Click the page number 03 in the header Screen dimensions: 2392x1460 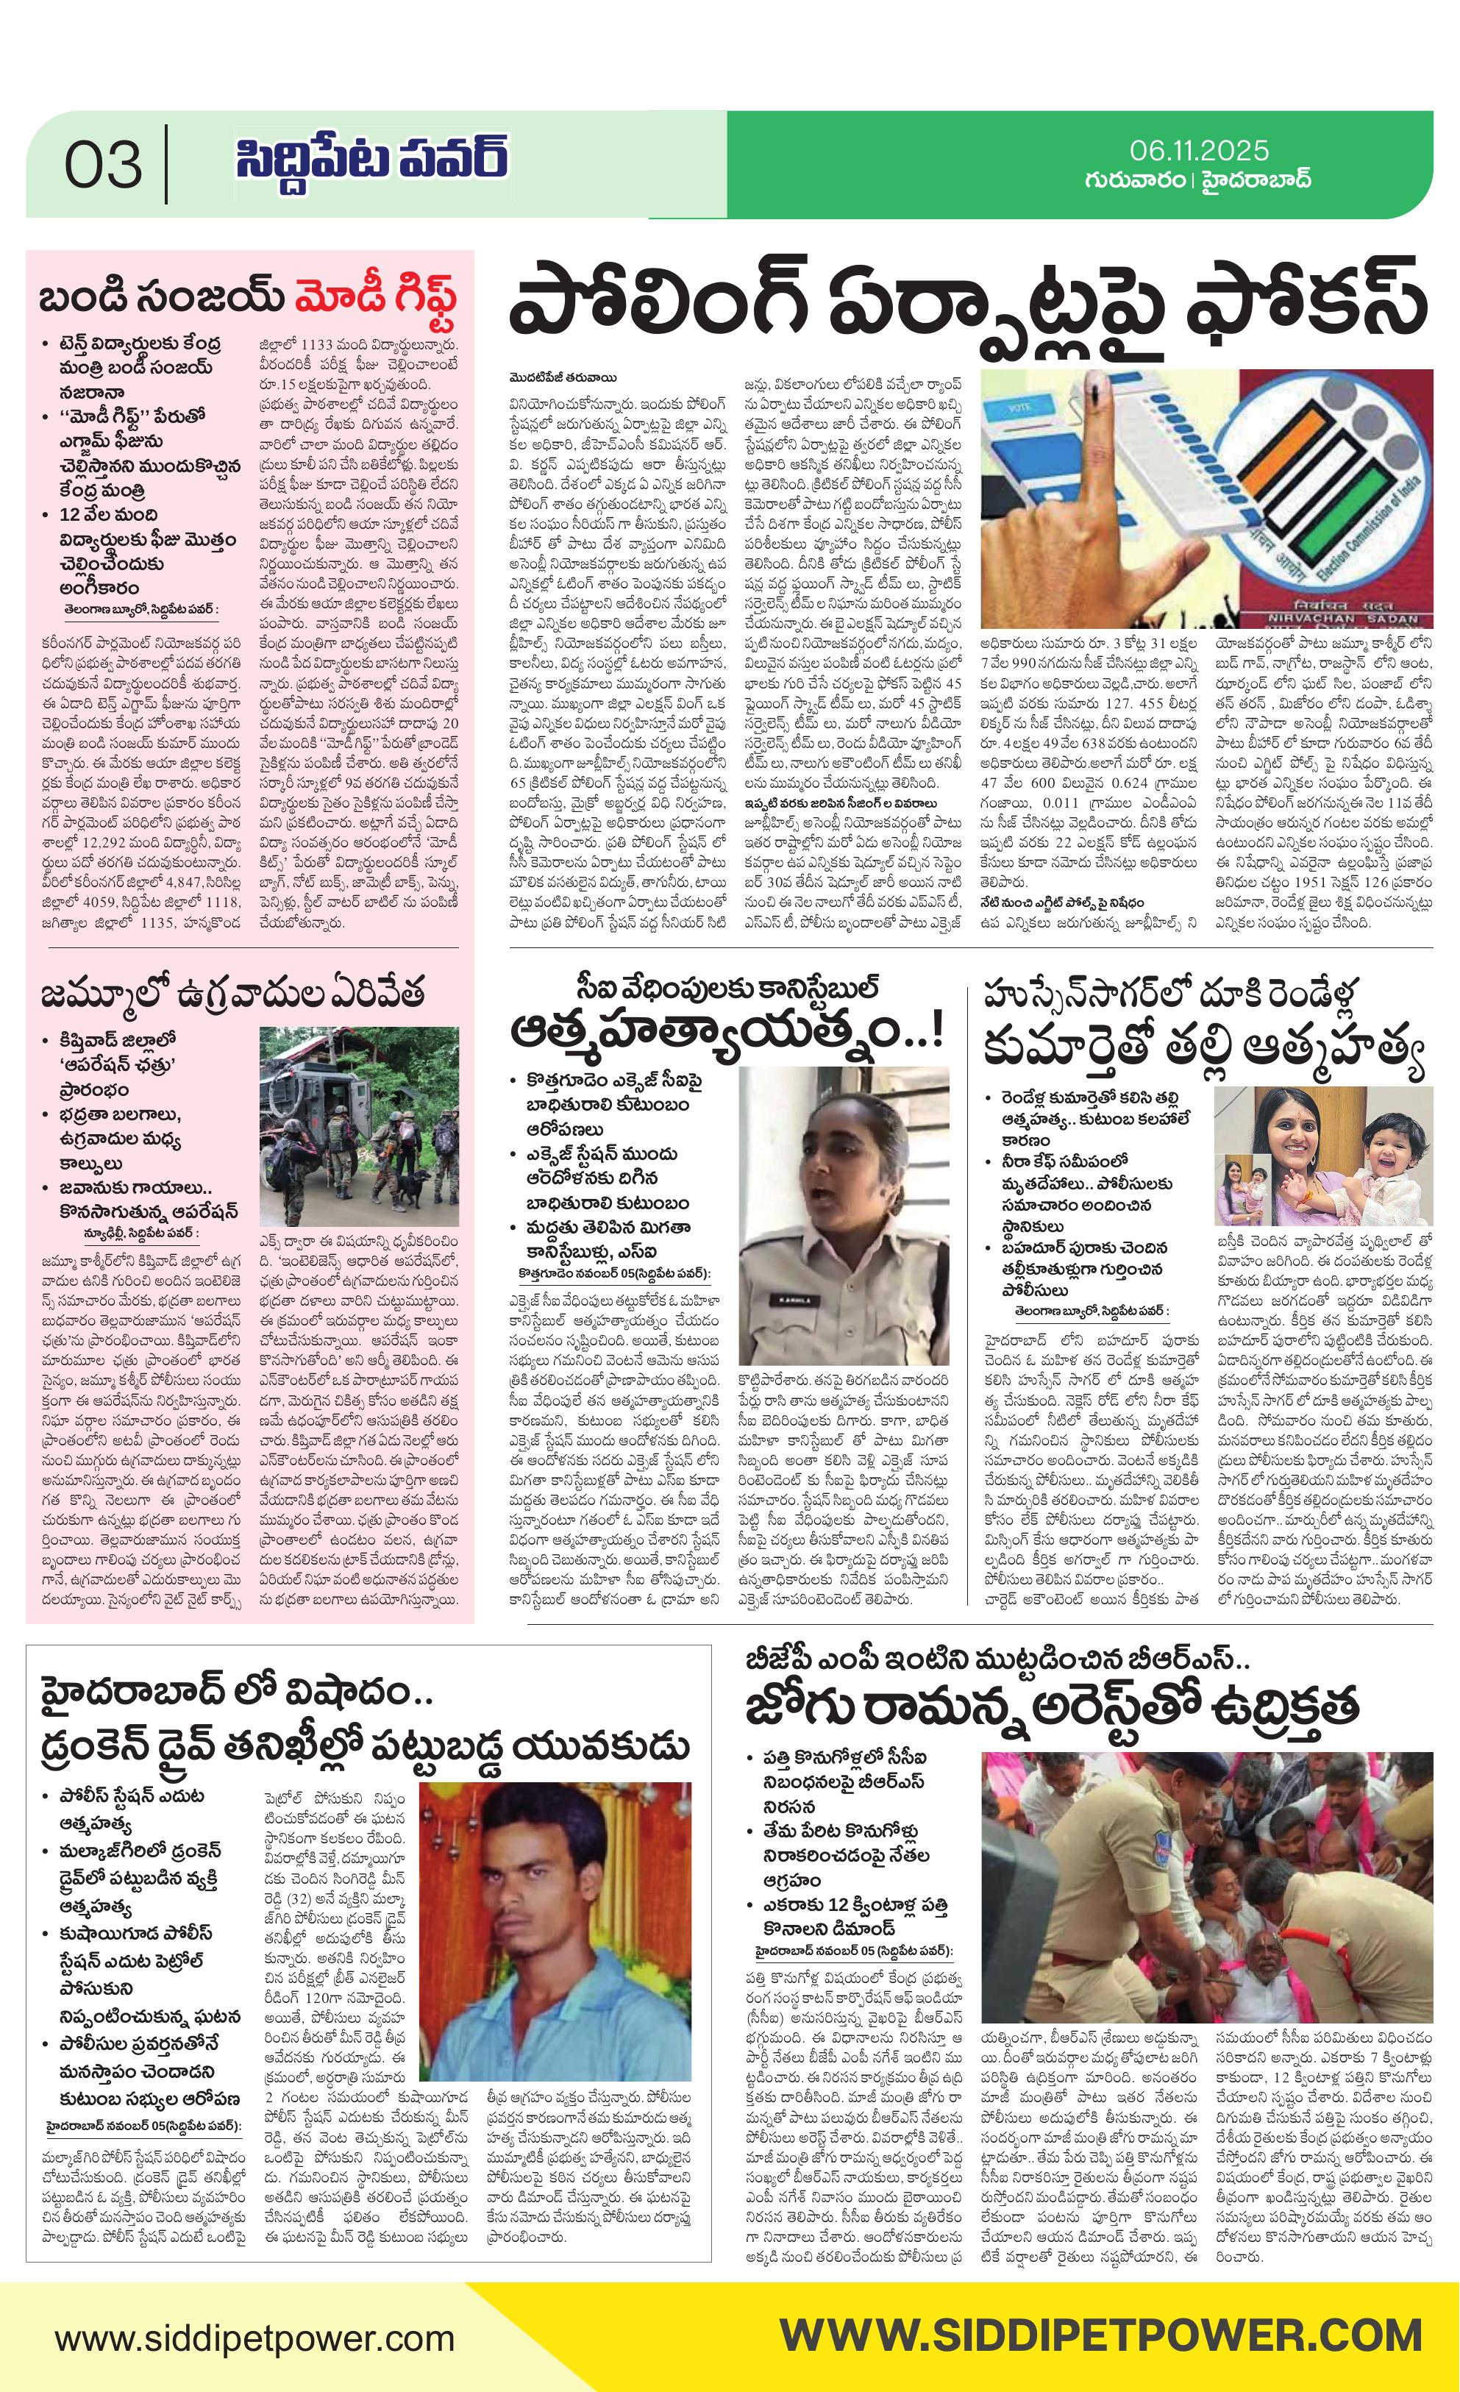pos(103,165)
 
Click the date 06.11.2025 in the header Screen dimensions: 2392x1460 pos(1199,151)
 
